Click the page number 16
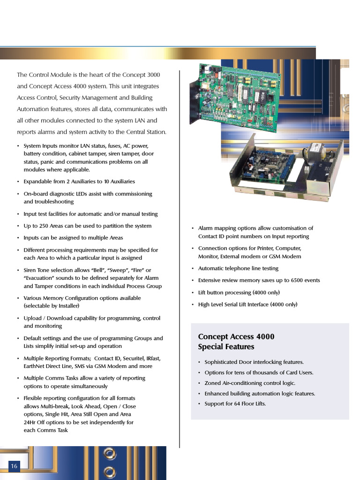point(14,466)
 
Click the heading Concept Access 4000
point(236,337)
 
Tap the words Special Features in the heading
point(226,347)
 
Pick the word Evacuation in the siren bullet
point(40,278)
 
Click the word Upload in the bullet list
point(33,318)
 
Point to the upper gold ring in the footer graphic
point(110,453)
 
